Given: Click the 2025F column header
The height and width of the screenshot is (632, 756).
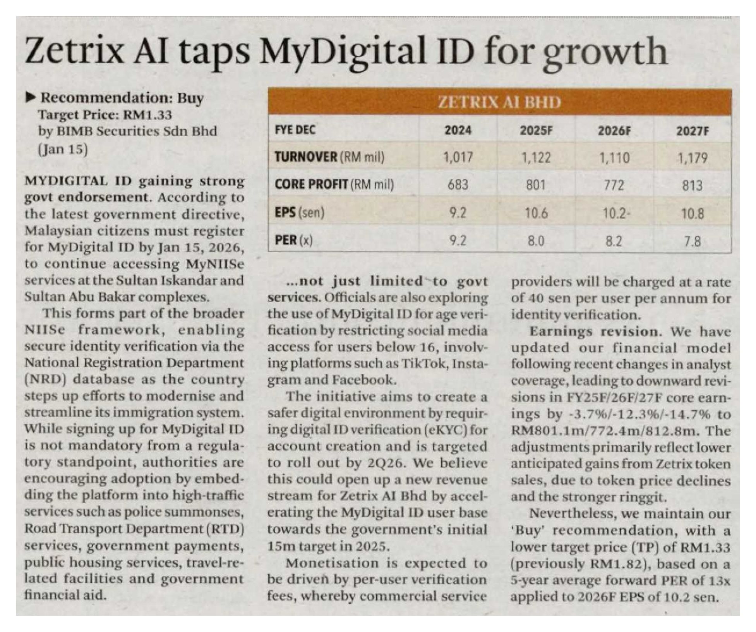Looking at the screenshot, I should (536, 130).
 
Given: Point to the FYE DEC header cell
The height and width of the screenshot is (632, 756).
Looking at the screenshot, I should (295, 130).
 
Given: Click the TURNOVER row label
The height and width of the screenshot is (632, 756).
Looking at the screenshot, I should (306, 157).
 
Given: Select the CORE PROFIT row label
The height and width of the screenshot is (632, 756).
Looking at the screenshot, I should (312, 185).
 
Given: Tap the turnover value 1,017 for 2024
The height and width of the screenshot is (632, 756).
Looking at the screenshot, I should (458, 158).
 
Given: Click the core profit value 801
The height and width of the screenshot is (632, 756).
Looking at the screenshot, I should (536, 185).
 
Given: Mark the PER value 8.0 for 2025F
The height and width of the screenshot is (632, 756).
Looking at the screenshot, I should (536, 241).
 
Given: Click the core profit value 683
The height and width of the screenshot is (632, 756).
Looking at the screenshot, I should (458, 185).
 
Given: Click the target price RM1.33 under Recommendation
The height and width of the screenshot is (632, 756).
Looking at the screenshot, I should (147, 115).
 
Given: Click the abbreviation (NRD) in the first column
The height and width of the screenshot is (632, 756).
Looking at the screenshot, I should (45, 379).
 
